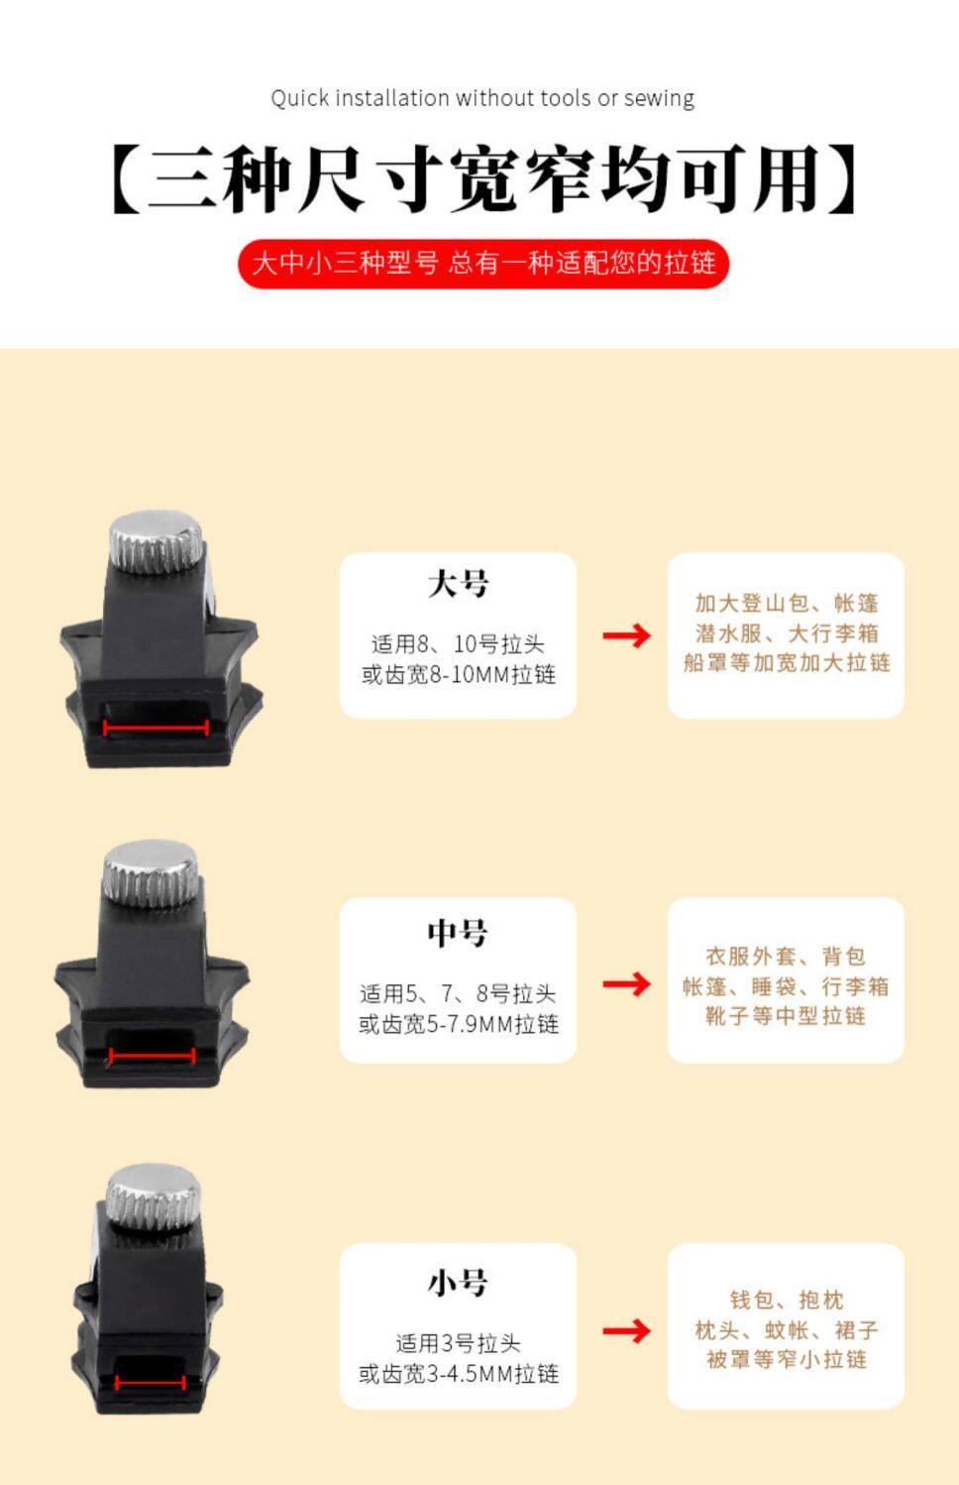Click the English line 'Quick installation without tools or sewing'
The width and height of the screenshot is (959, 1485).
[x=482, y=98]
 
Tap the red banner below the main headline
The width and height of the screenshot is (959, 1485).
[x=483, y=263]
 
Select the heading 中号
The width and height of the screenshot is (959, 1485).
[x=458, y=933]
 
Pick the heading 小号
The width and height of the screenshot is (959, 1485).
[x=458, y=1282]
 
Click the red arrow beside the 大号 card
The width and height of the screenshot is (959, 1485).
[x=627, y=635]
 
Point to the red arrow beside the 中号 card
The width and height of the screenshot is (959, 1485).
[x=627, y=983]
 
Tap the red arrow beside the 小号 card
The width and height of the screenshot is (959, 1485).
[x=627, y=1330]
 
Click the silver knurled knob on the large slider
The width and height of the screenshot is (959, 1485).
[x=156, y=541]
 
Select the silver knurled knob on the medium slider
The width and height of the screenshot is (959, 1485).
[x=152, y=873]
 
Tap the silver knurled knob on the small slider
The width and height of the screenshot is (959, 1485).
[x=154, y=1199]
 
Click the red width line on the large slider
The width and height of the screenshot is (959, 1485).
[x=156, y=728]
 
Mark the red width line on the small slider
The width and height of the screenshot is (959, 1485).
[x=150, y=1383]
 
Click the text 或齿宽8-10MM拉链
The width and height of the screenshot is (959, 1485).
[x=459, y=675]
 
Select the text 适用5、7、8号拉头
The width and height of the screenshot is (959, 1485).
[x=458, y=993]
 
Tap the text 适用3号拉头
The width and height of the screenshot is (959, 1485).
[x=459, y=1343]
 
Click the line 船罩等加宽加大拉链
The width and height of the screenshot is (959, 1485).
[x=787, y=662]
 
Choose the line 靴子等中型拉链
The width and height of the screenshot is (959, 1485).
[x=786, y=1016]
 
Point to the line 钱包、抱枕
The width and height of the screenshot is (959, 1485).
[x=787, y=1300]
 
